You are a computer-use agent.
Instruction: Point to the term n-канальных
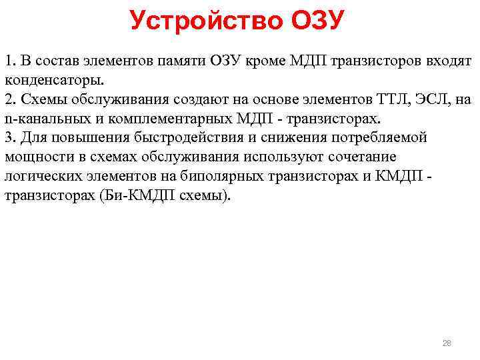[x=41, y=119]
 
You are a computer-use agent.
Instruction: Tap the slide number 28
[x=447, y=343]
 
